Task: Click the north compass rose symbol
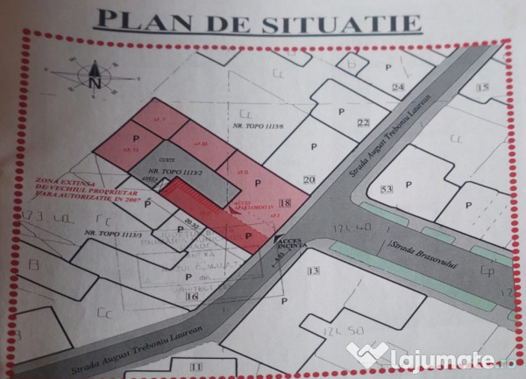click(96, 76)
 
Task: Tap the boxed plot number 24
click(399, 87)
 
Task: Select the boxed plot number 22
click(364, 122)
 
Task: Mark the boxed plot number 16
click(193, 297)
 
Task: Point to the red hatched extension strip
click(197, 200)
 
